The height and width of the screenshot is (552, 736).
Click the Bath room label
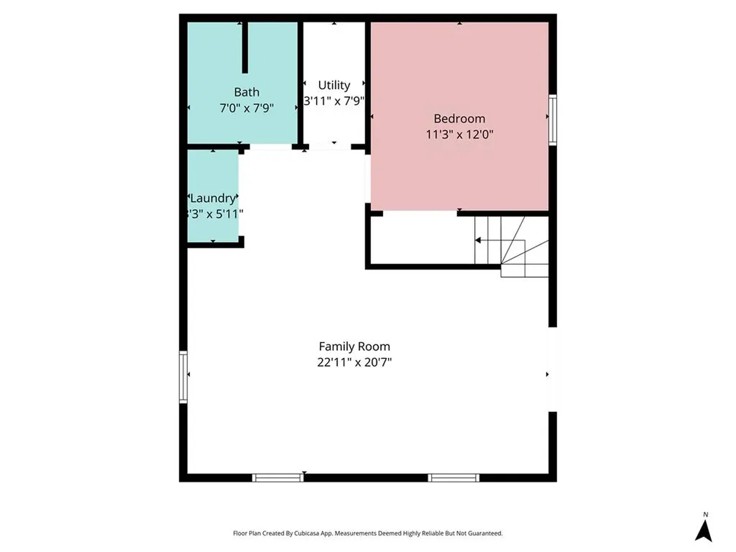coord(247,92)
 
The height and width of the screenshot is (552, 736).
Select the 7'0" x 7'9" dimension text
coord(247,109)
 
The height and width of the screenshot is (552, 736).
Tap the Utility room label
coord(334,85)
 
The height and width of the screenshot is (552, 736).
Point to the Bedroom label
coord(459,119)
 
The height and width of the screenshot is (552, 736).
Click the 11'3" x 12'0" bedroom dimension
coord(459,134)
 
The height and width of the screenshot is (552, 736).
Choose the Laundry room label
coord(213,198)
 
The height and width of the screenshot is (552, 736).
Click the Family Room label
coord(354,346)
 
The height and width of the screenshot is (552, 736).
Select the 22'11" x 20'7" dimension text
coord(354,363)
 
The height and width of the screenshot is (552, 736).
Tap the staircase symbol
coord(512,248)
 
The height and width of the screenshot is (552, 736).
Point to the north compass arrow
coord(704,529)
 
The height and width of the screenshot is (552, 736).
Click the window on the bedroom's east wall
coord(553,119)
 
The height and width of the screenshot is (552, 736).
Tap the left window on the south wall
coord(277,477)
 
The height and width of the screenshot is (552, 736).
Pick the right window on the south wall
coord(454,477)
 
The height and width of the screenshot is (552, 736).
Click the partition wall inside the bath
coord(245,47)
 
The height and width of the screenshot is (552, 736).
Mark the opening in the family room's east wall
coord(553,369)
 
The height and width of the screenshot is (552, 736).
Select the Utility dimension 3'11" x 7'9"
coord(334,101)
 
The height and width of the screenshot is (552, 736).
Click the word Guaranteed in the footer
coord(485,533)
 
